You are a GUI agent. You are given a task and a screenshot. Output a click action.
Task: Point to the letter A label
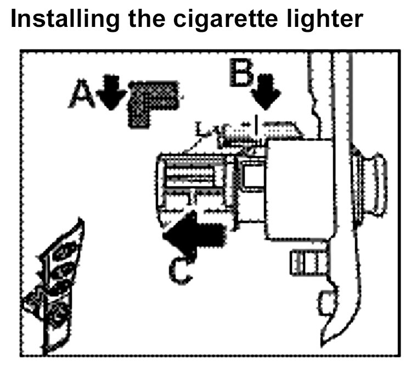[x=81, y=95]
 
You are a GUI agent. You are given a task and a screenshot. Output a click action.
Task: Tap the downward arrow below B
[x=268, y=93]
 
